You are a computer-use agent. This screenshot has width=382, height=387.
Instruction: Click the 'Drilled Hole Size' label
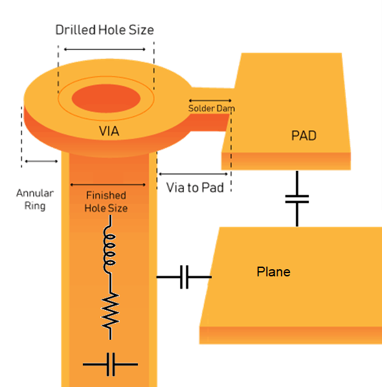pyautogui.click(x=104, y=30)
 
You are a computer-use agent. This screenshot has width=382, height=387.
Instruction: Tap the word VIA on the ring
pyautogui.click(x=109, y=131)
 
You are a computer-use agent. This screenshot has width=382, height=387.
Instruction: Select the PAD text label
pyautogui.click(x=304, y=135)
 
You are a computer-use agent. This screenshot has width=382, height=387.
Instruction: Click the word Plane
pyautogui.click(x=273, y=272)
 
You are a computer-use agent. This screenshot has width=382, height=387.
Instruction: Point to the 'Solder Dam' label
pyautogui.click(x=211, y=108)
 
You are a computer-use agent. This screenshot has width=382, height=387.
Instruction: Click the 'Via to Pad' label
pyautogui.click(x=195, y=187)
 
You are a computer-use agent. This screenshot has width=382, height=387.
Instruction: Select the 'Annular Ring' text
pyautogui.click(x=35, y=199)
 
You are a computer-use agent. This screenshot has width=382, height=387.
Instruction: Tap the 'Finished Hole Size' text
pyautogui.click(x=106, y=202)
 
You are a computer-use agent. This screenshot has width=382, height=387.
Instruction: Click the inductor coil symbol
pyautogui.click(x=109, y=249)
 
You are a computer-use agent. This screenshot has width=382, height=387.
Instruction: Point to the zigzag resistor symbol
pyautogui.click(x=110, y=311)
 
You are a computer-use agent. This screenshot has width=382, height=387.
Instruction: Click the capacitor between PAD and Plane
pyautogui.click(x=297, y=199)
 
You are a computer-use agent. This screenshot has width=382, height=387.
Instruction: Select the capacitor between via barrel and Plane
pyautogui.click(x=185, y=277)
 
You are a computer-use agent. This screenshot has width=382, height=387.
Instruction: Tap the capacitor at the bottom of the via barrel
pyautogui.click(x=110, y=364)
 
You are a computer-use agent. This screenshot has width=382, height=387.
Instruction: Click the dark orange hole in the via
pyautogui.click(x=106, y=98)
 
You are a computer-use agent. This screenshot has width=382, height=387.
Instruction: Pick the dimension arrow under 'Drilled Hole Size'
pyautogui.click(x=105, y=49)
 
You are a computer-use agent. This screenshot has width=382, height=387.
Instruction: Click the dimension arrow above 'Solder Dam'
pyautogui.click(x=210, y=100)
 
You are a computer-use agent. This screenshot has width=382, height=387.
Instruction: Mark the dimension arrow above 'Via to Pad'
pyautogui.click(x=193, y=174)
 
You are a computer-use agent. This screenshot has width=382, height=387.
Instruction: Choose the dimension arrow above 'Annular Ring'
pyautogui.click(x=41, y=161)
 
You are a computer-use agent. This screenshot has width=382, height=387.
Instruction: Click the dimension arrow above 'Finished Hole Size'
pyautogui.click(x=108, y=184)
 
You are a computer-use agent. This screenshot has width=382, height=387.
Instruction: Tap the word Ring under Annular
pyautogui.click(x=35, y=206)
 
